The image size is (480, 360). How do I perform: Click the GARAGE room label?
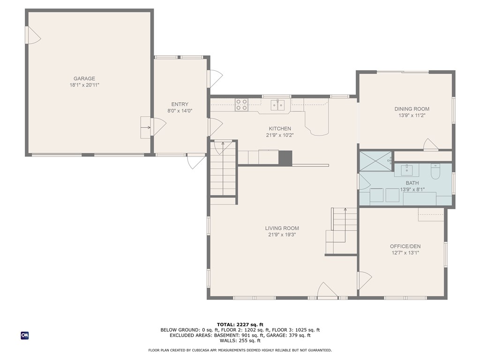pyautogui.click(x=84, y=79)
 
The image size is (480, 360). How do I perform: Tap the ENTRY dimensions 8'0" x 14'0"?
pyautogui.click(x=180, y=111)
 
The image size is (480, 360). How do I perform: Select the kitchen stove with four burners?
pyautogui.click(x=241, y=105)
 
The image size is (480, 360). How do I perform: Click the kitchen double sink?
pyautogui.click(x=277, y=105)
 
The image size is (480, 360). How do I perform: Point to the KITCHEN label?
pyautogui.click(x=280, y=128)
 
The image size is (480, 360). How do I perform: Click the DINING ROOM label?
pyautogui.click(x=412, y=109)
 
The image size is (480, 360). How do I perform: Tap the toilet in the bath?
pyautogui.click(x=435, y=172)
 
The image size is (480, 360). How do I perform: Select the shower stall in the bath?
pyautogui.click(x=375, y=161)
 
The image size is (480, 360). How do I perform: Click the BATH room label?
pyautogui.click(x=412, y=183)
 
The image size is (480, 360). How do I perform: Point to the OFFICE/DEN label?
pyautogui.click(x=405, y=247)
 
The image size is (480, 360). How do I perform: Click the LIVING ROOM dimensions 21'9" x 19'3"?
pyautogui.click(x=282, y=235)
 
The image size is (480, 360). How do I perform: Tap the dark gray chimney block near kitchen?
pyautogui.click(x=285, y=157)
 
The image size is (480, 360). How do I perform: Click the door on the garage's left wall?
pyautogui.click(x=34, y=35)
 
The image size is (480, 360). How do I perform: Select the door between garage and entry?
pyautogui.click(x=158, y=127)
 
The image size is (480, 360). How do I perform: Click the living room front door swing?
pyautogui.click(x=328, y=290)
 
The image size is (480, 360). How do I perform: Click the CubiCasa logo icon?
pyautogui.click(x=25, y=336)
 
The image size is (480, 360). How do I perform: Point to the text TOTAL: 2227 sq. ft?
pyautogui.click(x=240, y=324)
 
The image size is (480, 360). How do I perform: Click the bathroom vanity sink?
pyautogui.click(x=407, y=170)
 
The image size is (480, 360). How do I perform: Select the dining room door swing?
pyautogui.click(x=431, y=144)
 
